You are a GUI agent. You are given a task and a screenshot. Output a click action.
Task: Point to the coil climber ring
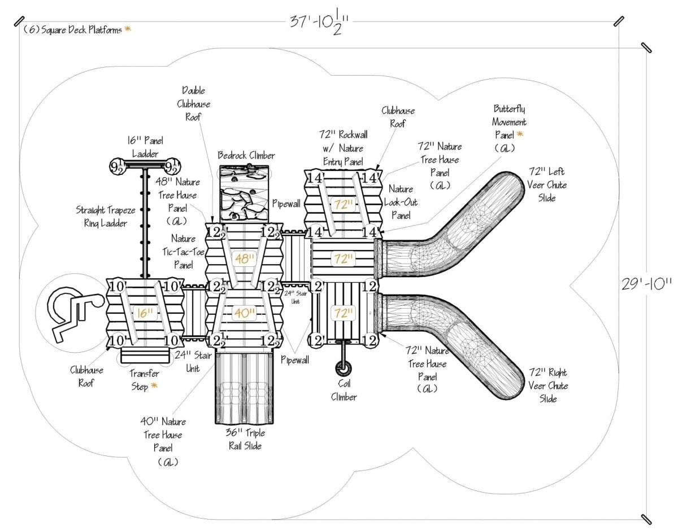pyautogui.click(x=342, y=368)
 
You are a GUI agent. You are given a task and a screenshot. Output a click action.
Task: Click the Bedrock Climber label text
pyautogui.click(x=246, y=155)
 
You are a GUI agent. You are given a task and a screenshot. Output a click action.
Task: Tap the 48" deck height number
pyautogui.click(x=245, y=259)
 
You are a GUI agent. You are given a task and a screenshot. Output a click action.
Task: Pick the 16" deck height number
pyautogui.click(x=146, y=313)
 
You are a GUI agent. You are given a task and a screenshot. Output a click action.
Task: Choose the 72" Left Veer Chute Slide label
pyautogui.click(x=547, y=185)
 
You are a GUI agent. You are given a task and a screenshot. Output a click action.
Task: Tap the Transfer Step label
pyautogui.click(x=144, y=380)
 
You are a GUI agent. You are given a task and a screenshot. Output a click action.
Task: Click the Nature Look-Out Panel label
pyautogui.click(x=400, y=202)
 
